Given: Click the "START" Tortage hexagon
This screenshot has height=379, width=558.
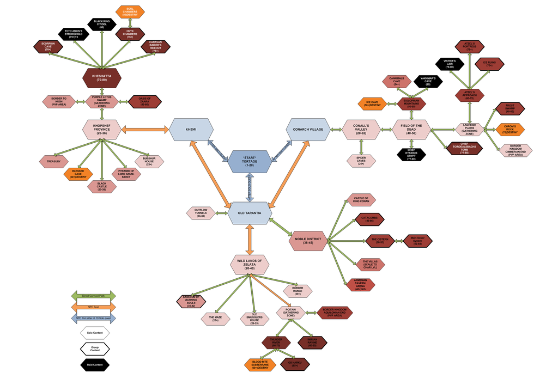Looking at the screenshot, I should (x=250, y=161).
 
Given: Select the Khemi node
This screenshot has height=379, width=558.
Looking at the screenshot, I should (x=191, y=130).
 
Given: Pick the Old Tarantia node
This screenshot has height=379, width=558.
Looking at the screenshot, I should (x=250, y=213).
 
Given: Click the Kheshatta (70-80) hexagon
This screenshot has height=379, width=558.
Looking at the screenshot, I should (x=102, y=77).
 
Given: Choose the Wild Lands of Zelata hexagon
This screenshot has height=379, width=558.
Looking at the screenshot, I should (x=250, y=264).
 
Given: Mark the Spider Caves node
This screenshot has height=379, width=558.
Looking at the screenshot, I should (x=361, y=161).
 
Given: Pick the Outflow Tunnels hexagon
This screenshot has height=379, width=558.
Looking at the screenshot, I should (x=201, y=213).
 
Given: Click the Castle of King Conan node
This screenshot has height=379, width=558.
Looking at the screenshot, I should (x=361, y=199).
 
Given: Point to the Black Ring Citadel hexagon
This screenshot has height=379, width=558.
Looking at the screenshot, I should (x=102, y=24).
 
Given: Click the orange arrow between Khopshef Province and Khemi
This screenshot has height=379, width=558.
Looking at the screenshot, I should (x=144, y=130).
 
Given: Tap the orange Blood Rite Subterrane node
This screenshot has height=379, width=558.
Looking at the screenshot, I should (x=260, y=364).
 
